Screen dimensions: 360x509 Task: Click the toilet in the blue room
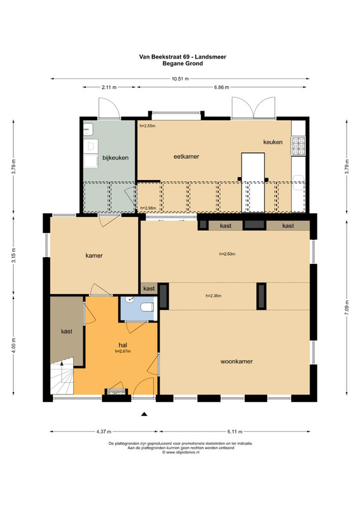(x=148, y=307)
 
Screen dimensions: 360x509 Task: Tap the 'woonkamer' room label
(x=237, y=361)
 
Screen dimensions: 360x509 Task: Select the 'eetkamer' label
(x=186, y=157)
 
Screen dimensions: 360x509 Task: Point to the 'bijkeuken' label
(x=116, y=158)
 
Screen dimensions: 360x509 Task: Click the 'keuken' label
(x=273, y=142)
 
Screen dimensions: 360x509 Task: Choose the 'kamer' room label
(x=94, y=256)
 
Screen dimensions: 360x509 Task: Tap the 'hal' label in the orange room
(x=123, y=345)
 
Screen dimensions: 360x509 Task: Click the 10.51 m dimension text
(x=179, y=78)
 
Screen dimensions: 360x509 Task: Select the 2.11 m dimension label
(x=109, y=87)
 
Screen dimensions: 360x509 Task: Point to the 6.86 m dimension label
(x=221, y=87)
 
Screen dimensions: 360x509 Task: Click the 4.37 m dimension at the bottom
(x=104, y=432)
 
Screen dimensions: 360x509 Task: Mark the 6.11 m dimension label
(x=235, y=432)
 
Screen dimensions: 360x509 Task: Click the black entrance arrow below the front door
(x=144, y=414)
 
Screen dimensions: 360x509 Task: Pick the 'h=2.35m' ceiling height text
(x=214, y=296)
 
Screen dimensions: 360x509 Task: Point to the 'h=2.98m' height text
(x=148, y=208)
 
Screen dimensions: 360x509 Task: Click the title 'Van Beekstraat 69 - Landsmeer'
(x=183, y=57)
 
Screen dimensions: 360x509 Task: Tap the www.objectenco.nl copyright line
(x=181, y=452)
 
